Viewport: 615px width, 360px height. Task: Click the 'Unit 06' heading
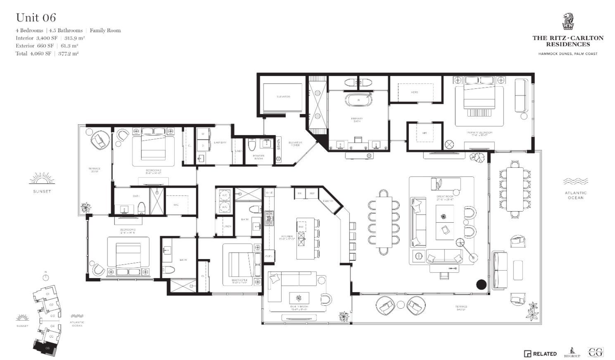pos(36,18)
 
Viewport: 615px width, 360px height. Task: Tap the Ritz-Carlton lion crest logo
pos(568,22)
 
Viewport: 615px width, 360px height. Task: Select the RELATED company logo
pos(540,353)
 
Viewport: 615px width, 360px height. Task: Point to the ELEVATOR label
pos(283,97)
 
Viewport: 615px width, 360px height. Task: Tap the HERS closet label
pos(414,92)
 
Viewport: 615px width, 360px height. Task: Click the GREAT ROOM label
pos(445,197)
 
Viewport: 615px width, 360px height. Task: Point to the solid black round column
pos(481,284)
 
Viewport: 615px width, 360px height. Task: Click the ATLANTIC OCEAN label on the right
pos(576,195)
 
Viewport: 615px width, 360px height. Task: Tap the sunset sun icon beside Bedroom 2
pos(42,179)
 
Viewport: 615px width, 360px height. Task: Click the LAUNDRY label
pos(220,143)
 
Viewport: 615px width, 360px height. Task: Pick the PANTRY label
pos(328,201)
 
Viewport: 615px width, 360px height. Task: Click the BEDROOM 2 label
pos(153,171)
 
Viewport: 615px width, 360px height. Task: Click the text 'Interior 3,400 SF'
pos(36,38)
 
